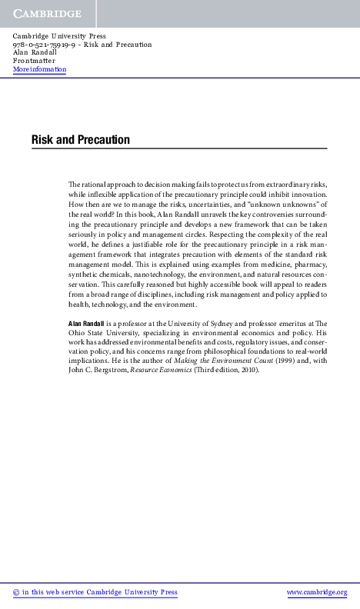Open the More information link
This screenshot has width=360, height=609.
click(x=39, y=69)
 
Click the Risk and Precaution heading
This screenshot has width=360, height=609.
click(x=80, y=140)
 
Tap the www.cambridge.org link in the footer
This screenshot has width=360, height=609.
click(x=317, y=592)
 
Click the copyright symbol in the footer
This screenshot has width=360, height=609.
click(x=17, y=592)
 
